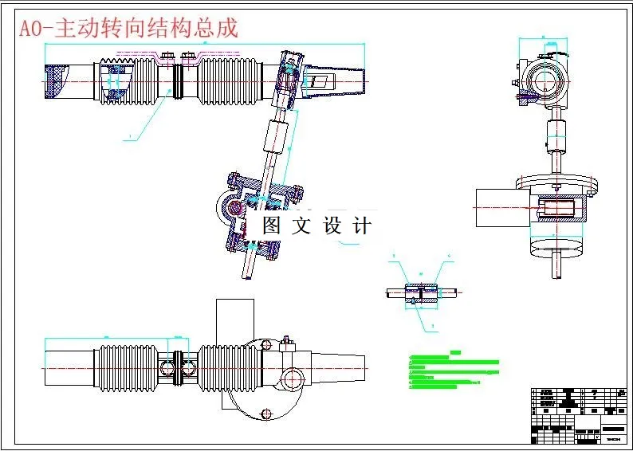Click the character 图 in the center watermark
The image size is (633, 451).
(272, 225)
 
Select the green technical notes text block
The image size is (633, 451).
(450, 371)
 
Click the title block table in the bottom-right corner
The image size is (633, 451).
(578, 414)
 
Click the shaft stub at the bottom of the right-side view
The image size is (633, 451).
(556, 263)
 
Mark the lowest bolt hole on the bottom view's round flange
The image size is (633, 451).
(265, 412)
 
